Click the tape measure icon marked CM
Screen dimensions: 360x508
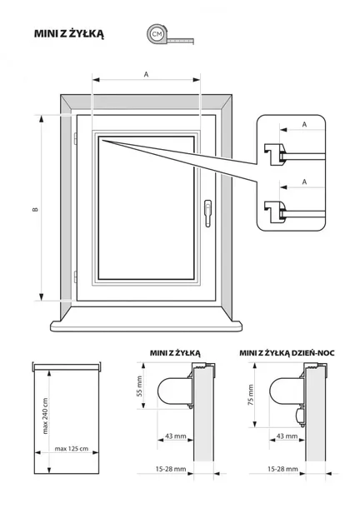170,34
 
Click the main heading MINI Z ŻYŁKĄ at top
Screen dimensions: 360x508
69,33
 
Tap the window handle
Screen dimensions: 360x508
207,213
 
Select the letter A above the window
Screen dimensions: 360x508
147,74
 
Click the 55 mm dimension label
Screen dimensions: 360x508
139,386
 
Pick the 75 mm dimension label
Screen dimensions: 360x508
251,395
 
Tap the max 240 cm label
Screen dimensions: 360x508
45,416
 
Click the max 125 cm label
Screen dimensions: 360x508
72,449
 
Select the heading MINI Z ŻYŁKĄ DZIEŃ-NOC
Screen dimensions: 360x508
287,353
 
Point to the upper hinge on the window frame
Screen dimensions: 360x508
75,139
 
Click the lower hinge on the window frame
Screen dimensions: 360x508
75,276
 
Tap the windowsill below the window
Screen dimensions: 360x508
146,326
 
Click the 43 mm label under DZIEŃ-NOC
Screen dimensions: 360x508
287,436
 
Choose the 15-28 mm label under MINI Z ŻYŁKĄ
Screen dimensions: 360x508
171,469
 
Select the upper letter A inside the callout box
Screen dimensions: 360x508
304,124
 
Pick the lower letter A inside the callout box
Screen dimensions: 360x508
304,182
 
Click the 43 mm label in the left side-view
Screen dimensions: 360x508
176,436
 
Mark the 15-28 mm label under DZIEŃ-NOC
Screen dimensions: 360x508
282,469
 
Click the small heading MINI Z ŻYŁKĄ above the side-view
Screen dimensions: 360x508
175,353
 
